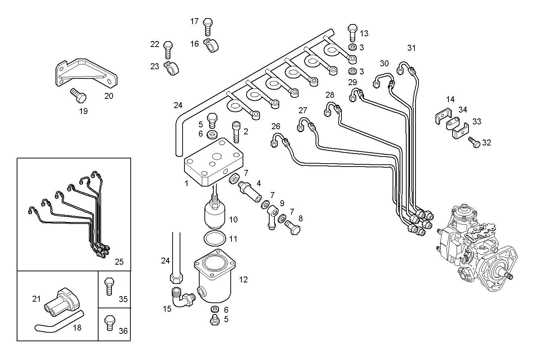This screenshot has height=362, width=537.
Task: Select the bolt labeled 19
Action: [78, 96]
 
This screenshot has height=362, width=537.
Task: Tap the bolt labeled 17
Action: [208, 26]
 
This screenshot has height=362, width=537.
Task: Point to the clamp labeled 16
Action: [212, 46]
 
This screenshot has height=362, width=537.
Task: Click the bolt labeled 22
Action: [167, 49]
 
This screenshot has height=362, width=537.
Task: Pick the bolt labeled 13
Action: [352, 33]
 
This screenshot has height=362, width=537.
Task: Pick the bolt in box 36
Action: [109, 322]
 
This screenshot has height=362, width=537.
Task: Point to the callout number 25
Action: [119, 262]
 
